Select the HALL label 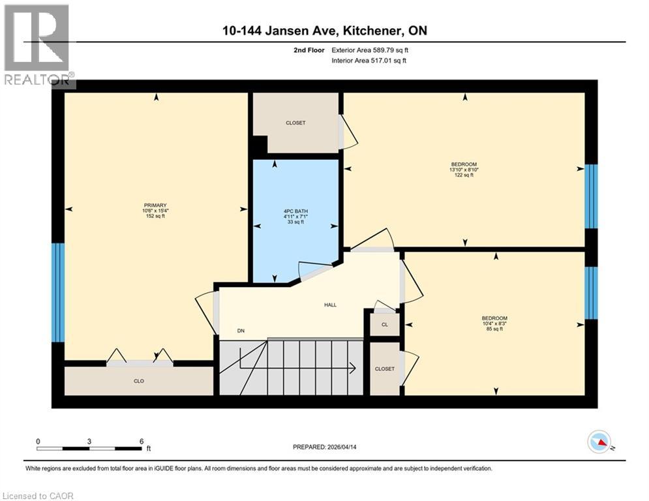(331, 305)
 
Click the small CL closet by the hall (385, 324)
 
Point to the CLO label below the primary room (139, 381)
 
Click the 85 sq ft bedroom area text (496, 329)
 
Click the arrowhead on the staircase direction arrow (353, 369)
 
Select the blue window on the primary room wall (58, 292)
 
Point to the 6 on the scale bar (142, 442)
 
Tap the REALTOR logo (37, 46)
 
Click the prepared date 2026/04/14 (353, 447)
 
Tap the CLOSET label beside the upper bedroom (295, 123)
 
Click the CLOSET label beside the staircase (385, 369)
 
